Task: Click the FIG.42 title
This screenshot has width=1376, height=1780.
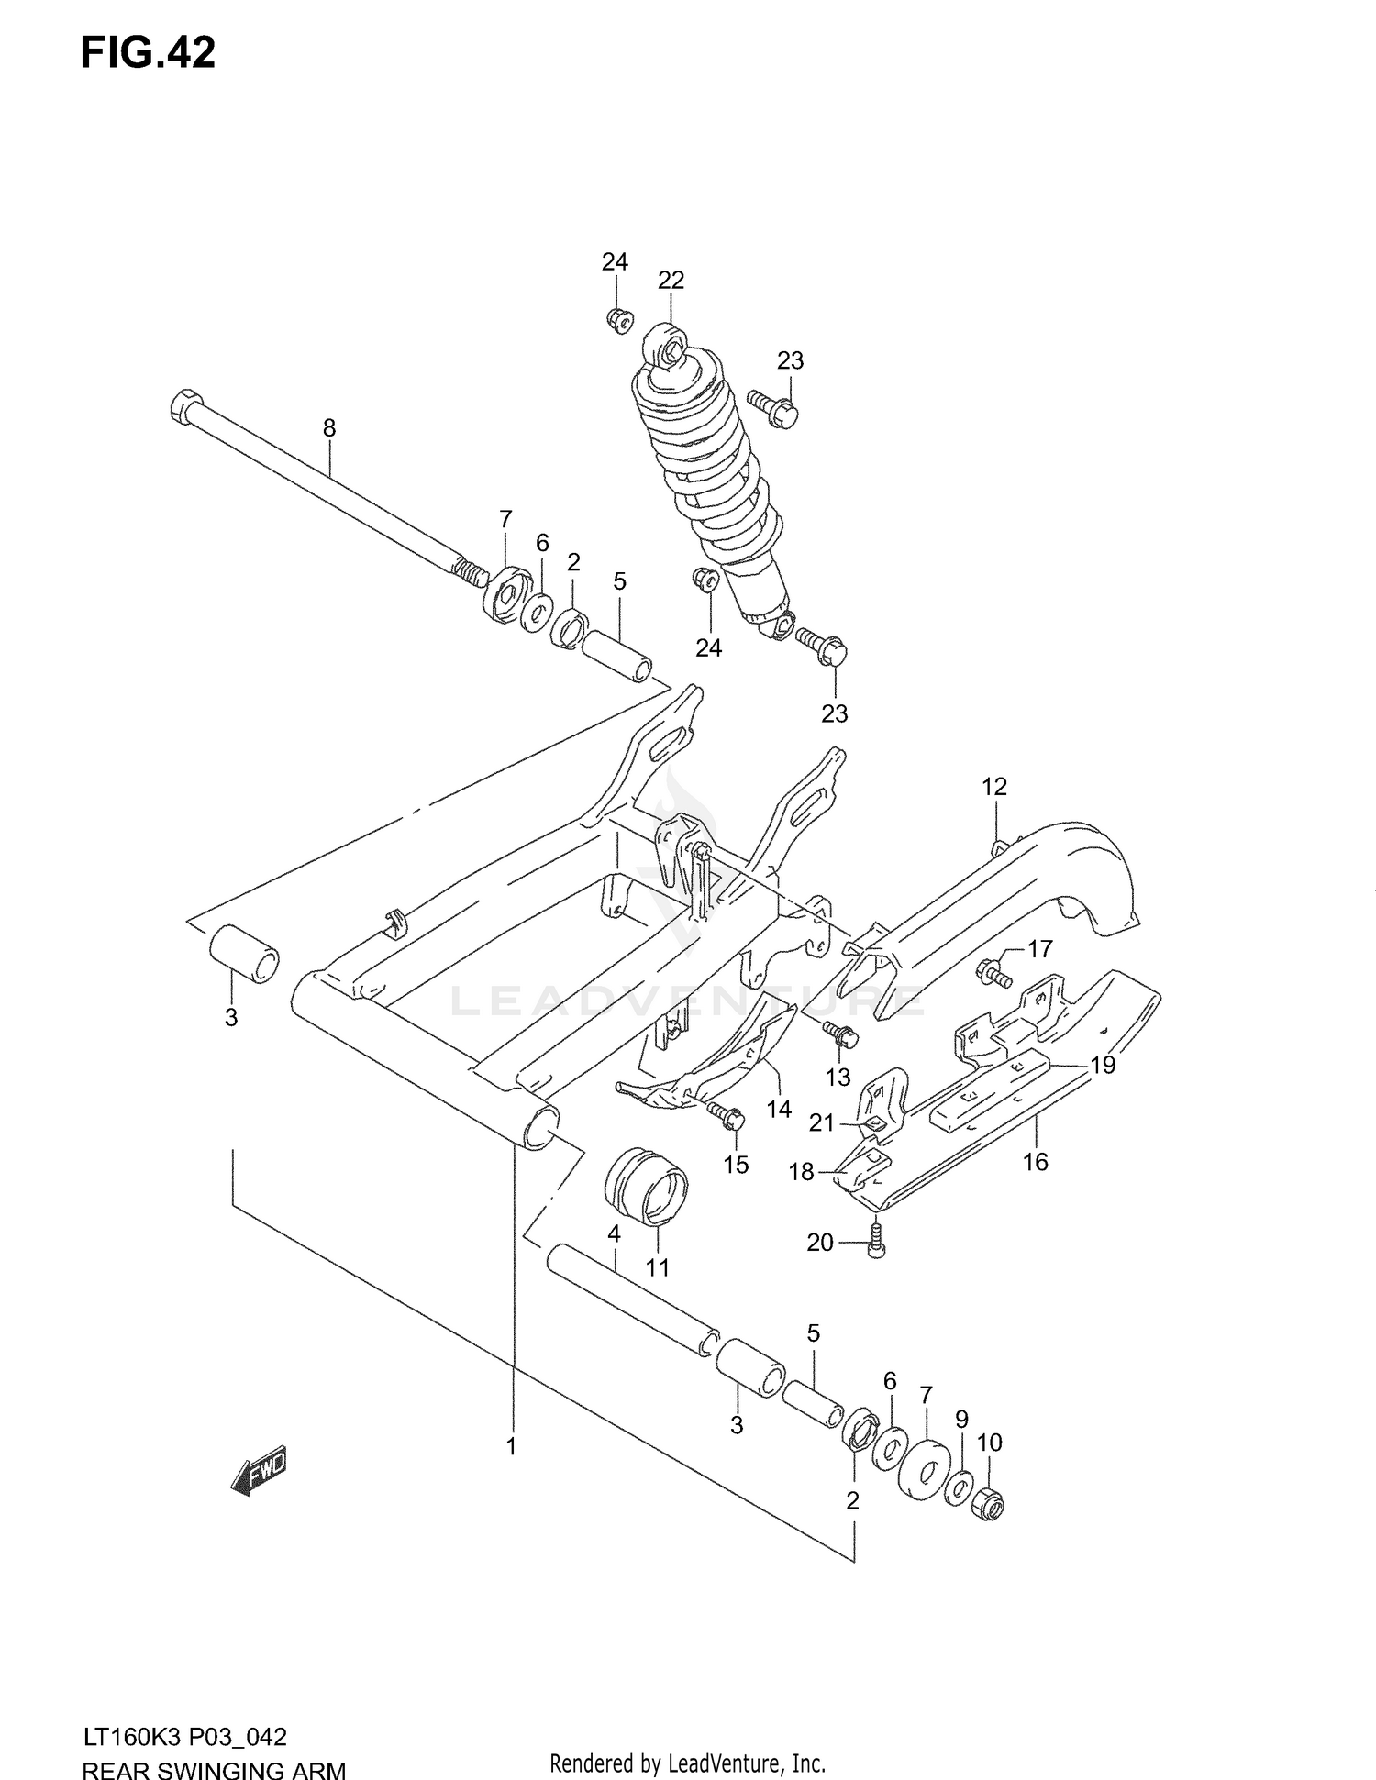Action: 148,54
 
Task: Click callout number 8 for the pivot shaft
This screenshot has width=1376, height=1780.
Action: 329,427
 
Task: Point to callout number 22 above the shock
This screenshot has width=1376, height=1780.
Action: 671,281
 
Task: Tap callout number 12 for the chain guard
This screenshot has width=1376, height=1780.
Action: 993,787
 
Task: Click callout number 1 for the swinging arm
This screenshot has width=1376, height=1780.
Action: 511,1447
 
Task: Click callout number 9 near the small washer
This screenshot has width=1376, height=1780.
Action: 961,1421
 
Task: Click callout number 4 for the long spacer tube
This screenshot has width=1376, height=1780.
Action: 614,1234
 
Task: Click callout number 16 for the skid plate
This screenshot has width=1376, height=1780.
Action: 1035,1162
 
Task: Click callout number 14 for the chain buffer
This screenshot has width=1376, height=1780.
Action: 779,1110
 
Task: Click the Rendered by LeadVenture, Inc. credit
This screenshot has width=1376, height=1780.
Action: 687,1763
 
